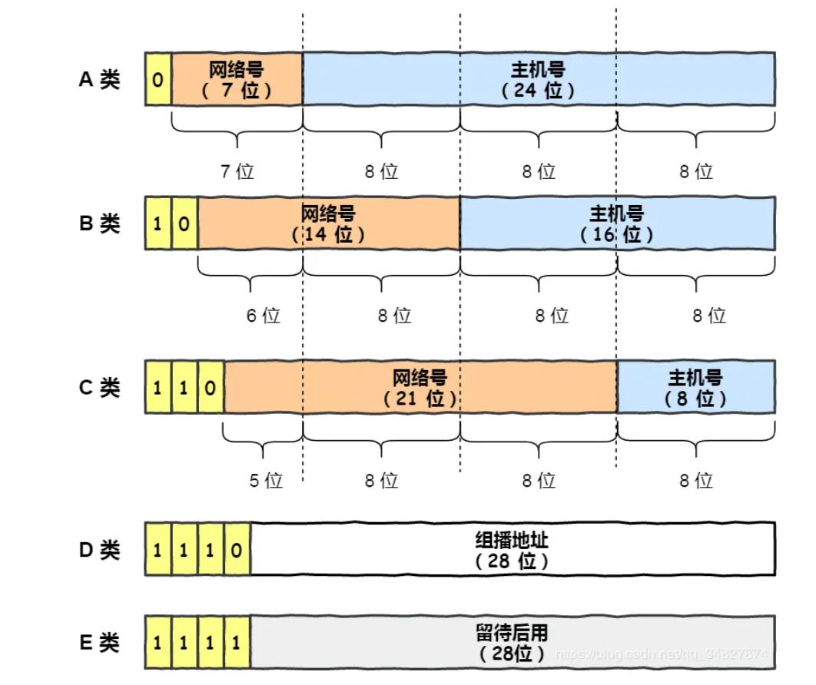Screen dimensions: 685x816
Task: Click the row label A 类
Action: click(x=100, y=80)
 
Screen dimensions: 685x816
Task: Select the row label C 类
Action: click(x=100, y=388)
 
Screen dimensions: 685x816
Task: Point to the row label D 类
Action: click(x=100, y=550)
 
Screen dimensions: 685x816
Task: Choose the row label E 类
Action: click(x=100, y=642)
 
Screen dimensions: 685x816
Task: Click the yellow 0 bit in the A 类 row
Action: click(x=158, y=79)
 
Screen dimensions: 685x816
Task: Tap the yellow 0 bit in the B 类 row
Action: click(x=184, y=223)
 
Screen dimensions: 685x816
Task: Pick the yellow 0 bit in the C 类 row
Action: click(x=211, y=388)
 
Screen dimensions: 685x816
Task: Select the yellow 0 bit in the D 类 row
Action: click(x=237, y=550)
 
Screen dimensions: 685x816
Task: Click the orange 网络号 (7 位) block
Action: click(x=237, y=79)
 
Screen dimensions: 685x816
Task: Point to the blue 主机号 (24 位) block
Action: click(x=538, y=79)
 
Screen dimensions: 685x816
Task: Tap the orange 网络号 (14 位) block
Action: click(x=329, y=223)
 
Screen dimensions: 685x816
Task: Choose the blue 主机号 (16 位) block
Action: click(x=616, y=223)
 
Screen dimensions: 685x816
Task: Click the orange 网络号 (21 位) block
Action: click(x=420, y=388)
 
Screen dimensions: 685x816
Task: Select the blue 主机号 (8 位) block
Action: click(x=695, y=388)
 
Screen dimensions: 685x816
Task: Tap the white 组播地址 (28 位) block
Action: click(x=512, y=550)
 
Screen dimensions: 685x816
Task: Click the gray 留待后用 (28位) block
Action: click(x=512, y=642)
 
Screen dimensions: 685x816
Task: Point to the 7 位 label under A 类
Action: click(x=237, y=171)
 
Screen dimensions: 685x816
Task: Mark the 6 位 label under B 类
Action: click(x=263, y=315)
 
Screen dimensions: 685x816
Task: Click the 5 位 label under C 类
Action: click(x=265, y=481)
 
